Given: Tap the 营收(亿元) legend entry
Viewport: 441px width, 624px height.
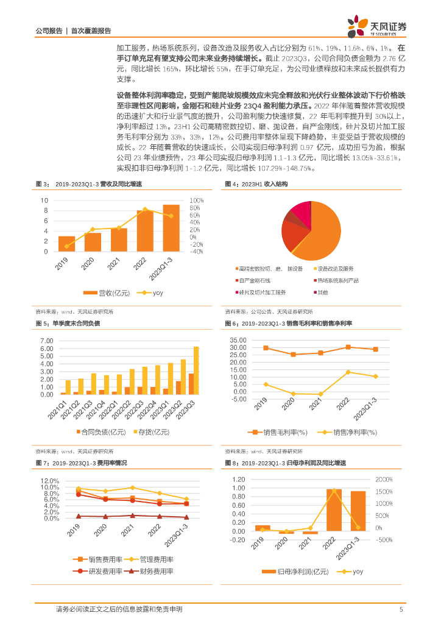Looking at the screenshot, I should pyautogui.click(x=110, y=293).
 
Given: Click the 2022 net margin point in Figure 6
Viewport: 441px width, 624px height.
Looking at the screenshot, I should pyautogui.click(x=348, y=372).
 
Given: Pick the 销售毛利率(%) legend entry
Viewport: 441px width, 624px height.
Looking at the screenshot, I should pyautogui.click(x=282, y=432).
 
